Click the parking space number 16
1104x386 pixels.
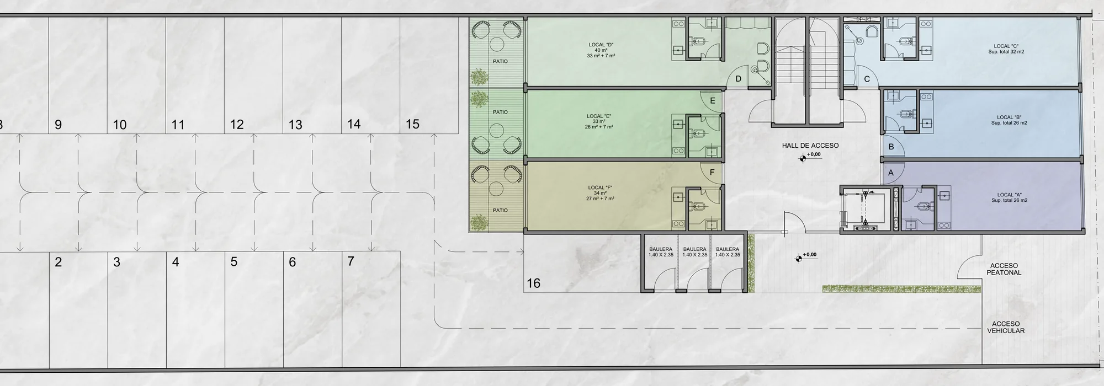point(533,283)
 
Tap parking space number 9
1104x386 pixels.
point(59,125)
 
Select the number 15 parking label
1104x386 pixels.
point(412,124)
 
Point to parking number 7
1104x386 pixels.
point(351,261)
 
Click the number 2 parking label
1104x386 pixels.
point(59,262)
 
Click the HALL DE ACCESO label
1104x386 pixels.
point(810,146)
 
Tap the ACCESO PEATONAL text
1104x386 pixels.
point(1004,269)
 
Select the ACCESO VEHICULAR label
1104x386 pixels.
point(1006,328)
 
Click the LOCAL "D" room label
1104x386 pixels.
point(601,45)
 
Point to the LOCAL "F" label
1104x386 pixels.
point(600,187)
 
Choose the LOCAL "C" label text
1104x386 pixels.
point(1006,46)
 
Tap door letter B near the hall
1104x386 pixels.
point(891,147)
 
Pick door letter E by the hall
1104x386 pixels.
point(713,101)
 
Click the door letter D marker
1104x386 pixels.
point(739,79)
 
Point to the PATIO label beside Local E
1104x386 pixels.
point(500,112)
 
